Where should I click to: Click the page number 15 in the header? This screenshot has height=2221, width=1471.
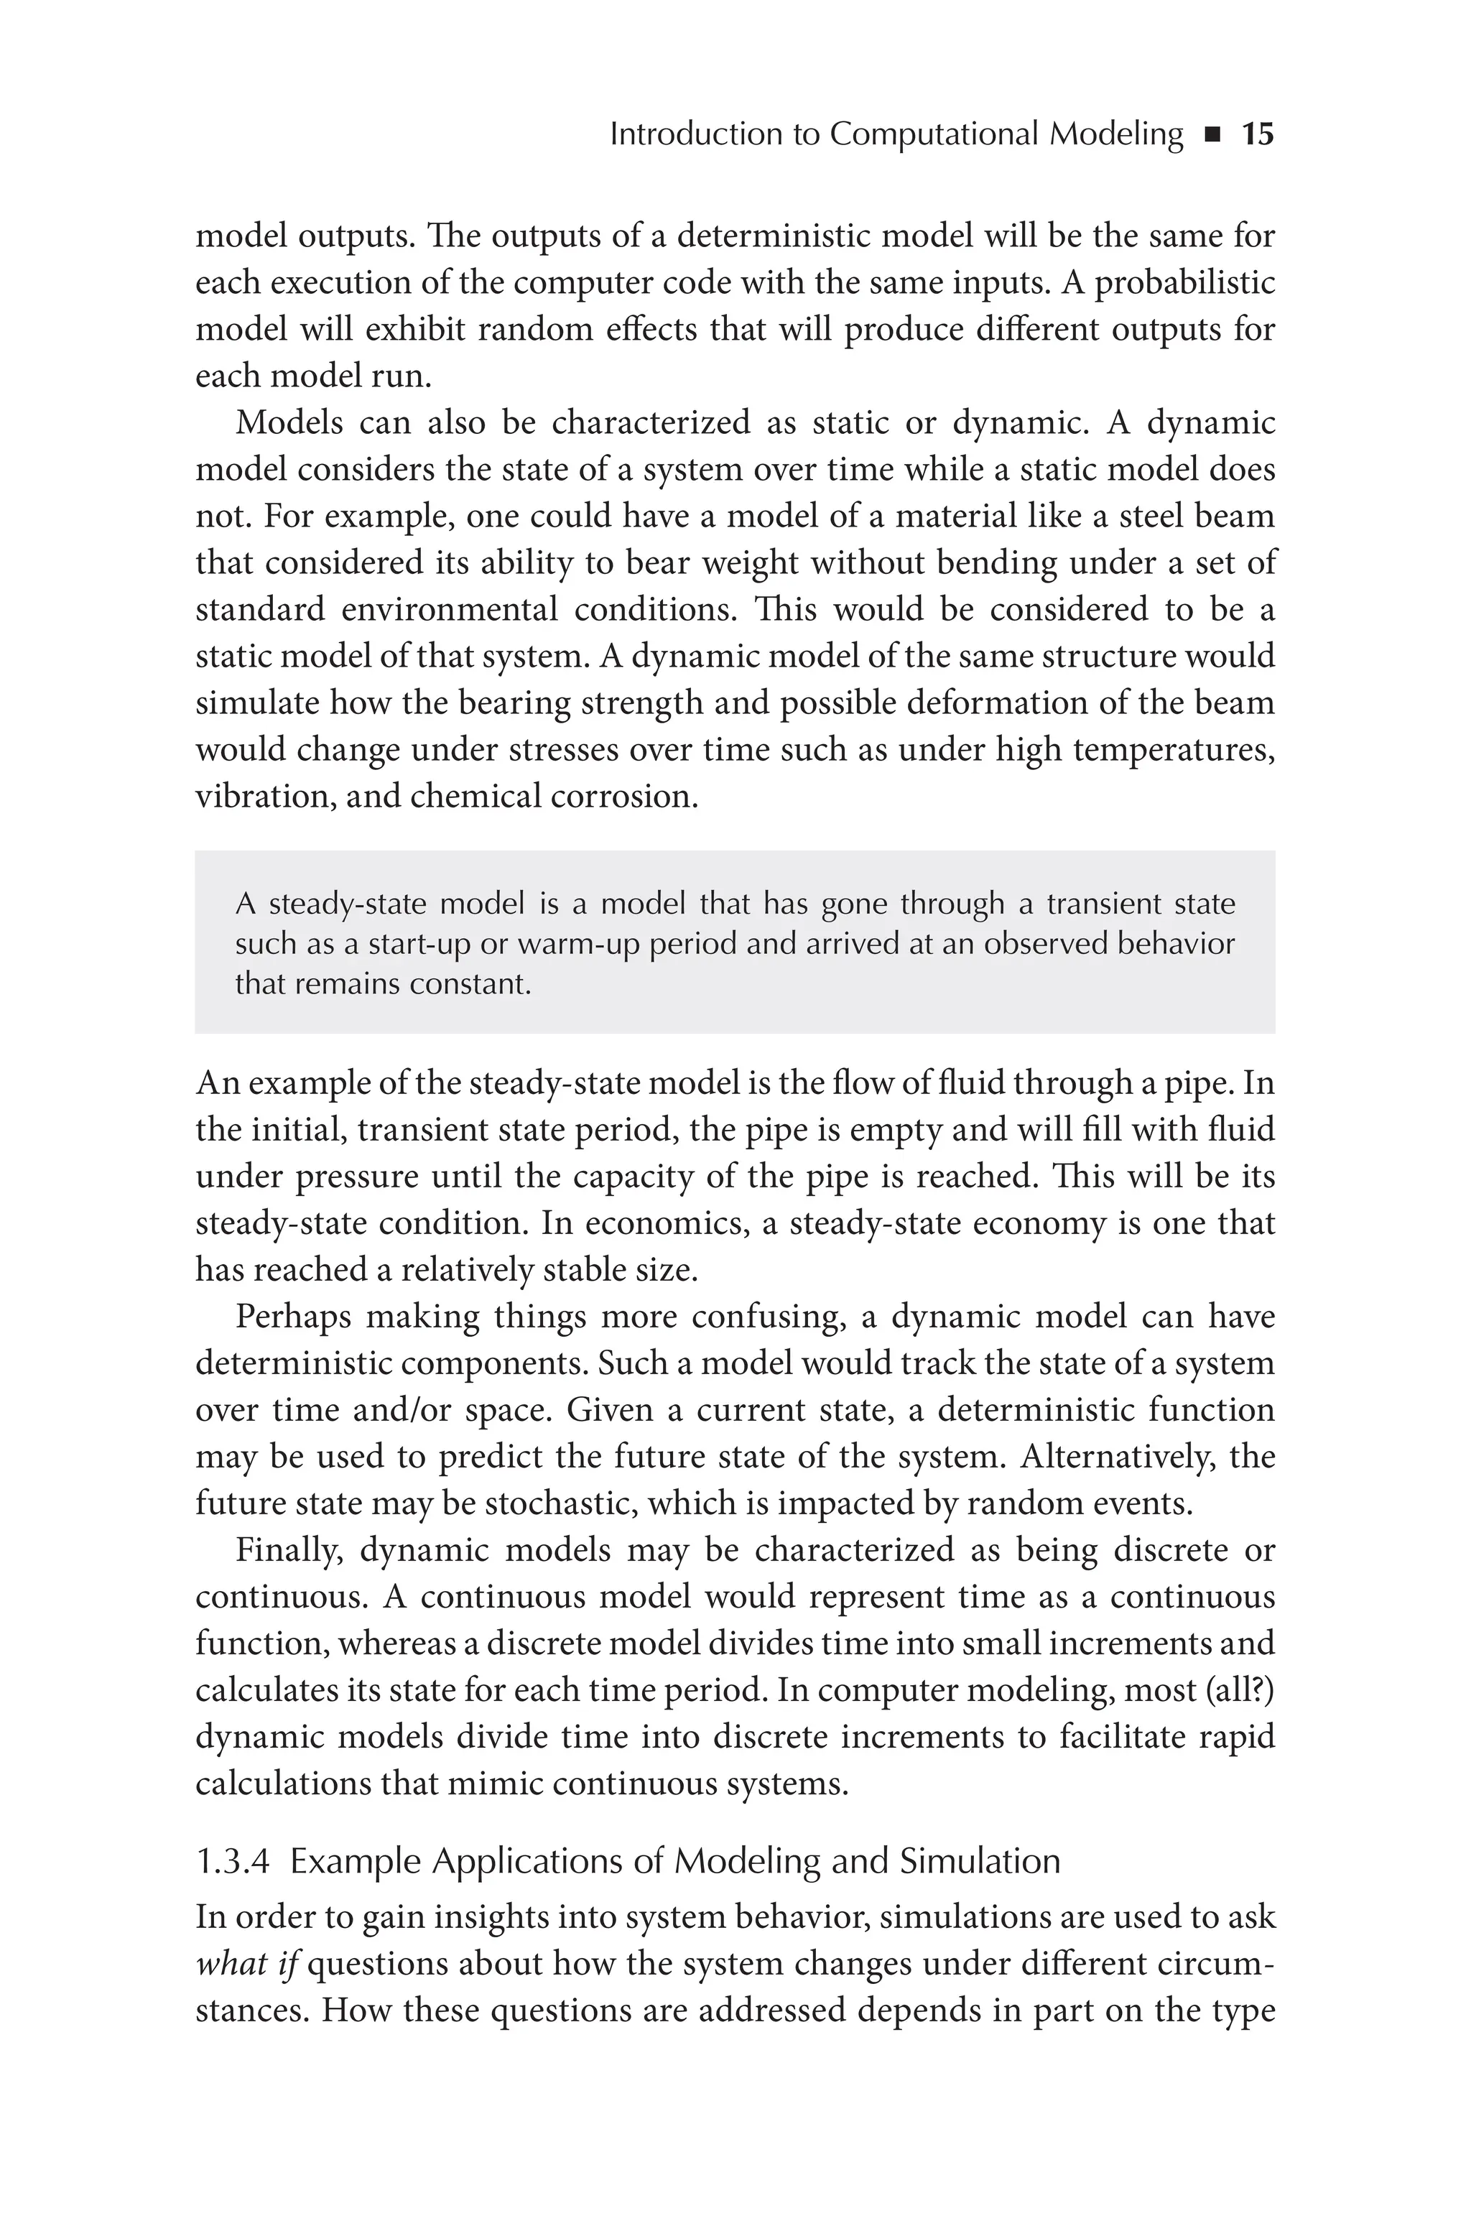pyautogui.click(x=1257, y=134)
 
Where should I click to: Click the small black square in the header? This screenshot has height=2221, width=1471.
pyautogui.click(x=1212, y=136)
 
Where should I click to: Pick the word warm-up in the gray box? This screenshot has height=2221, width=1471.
pyautogui.click(x=577, y=944)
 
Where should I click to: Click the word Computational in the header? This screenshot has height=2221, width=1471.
pyautogui.click(x=934, y=134)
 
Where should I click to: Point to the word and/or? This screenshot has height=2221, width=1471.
pyautogui.click(x=386, y=1410)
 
